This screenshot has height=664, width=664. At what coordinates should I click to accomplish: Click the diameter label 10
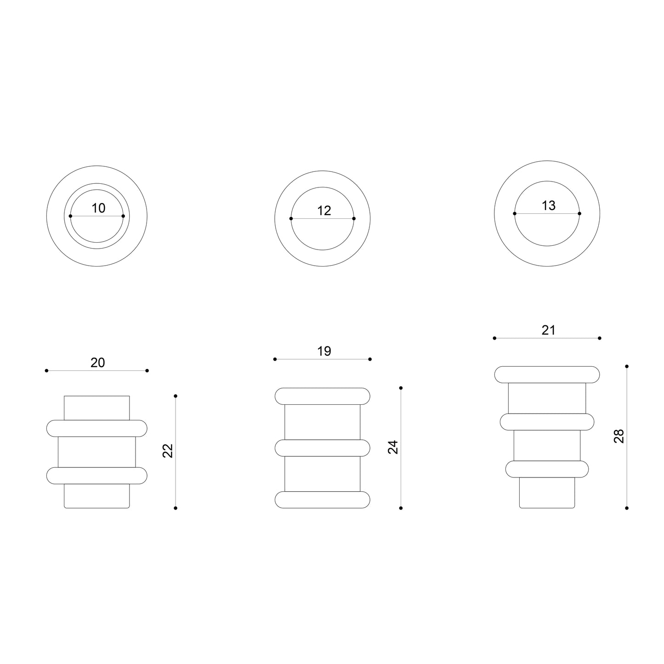98,208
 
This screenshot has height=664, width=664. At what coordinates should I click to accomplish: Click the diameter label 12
324,210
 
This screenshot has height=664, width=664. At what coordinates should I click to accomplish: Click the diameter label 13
549,206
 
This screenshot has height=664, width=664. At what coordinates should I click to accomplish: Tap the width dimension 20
97,363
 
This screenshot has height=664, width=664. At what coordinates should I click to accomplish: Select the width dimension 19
324,351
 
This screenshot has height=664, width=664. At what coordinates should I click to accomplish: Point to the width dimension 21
549,330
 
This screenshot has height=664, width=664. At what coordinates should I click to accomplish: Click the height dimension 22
167,451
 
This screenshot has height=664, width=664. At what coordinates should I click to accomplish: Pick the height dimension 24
393,447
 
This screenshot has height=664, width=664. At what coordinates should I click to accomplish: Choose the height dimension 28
619,436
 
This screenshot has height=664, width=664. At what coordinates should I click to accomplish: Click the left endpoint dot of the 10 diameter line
70,216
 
